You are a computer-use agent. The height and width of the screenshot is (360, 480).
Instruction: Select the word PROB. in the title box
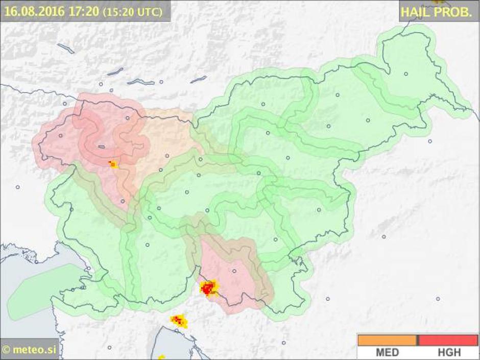coord(454,12)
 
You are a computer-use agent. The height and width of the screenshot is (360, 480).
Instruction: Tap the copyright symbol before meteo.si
coord(7,350)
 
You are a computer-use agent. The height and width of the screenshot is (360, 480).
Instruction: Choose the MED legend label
coord(387,352)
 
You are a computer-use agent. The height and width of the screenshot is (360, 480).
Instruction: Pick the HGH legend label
coord(449,352)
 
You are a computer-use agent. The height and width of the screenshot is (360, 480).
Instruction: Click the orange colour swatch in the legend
coord(387,340)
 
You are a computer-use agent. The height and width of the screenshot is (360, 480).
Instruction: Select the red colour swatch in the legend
coord(448,340)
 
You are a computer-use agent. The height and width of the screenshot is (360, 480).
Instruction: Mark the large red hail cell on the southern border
coord(208,288)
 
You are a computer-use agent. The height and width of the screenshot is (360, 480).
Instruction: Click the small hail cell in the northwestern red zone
coord(113,164)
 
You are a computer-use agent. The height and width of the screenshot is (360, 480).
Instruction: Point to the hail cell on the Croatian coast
coord(178,321)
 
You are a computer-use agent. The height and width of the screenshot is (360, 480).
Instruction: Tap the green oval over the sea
coord(41,291)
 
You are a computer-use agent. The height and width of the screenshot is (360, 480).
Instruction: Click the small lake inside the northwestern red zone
coord(102,147)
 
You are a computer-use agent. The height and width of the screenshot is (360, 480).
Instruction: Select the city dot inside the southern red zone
coord(234,271)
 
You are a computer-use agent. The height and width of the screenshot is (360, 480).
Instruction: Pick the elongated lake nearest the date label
coord(65,49)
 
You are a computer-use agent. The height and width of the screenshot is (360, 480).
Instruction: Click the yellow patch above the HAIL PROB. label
coord(438,2)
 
